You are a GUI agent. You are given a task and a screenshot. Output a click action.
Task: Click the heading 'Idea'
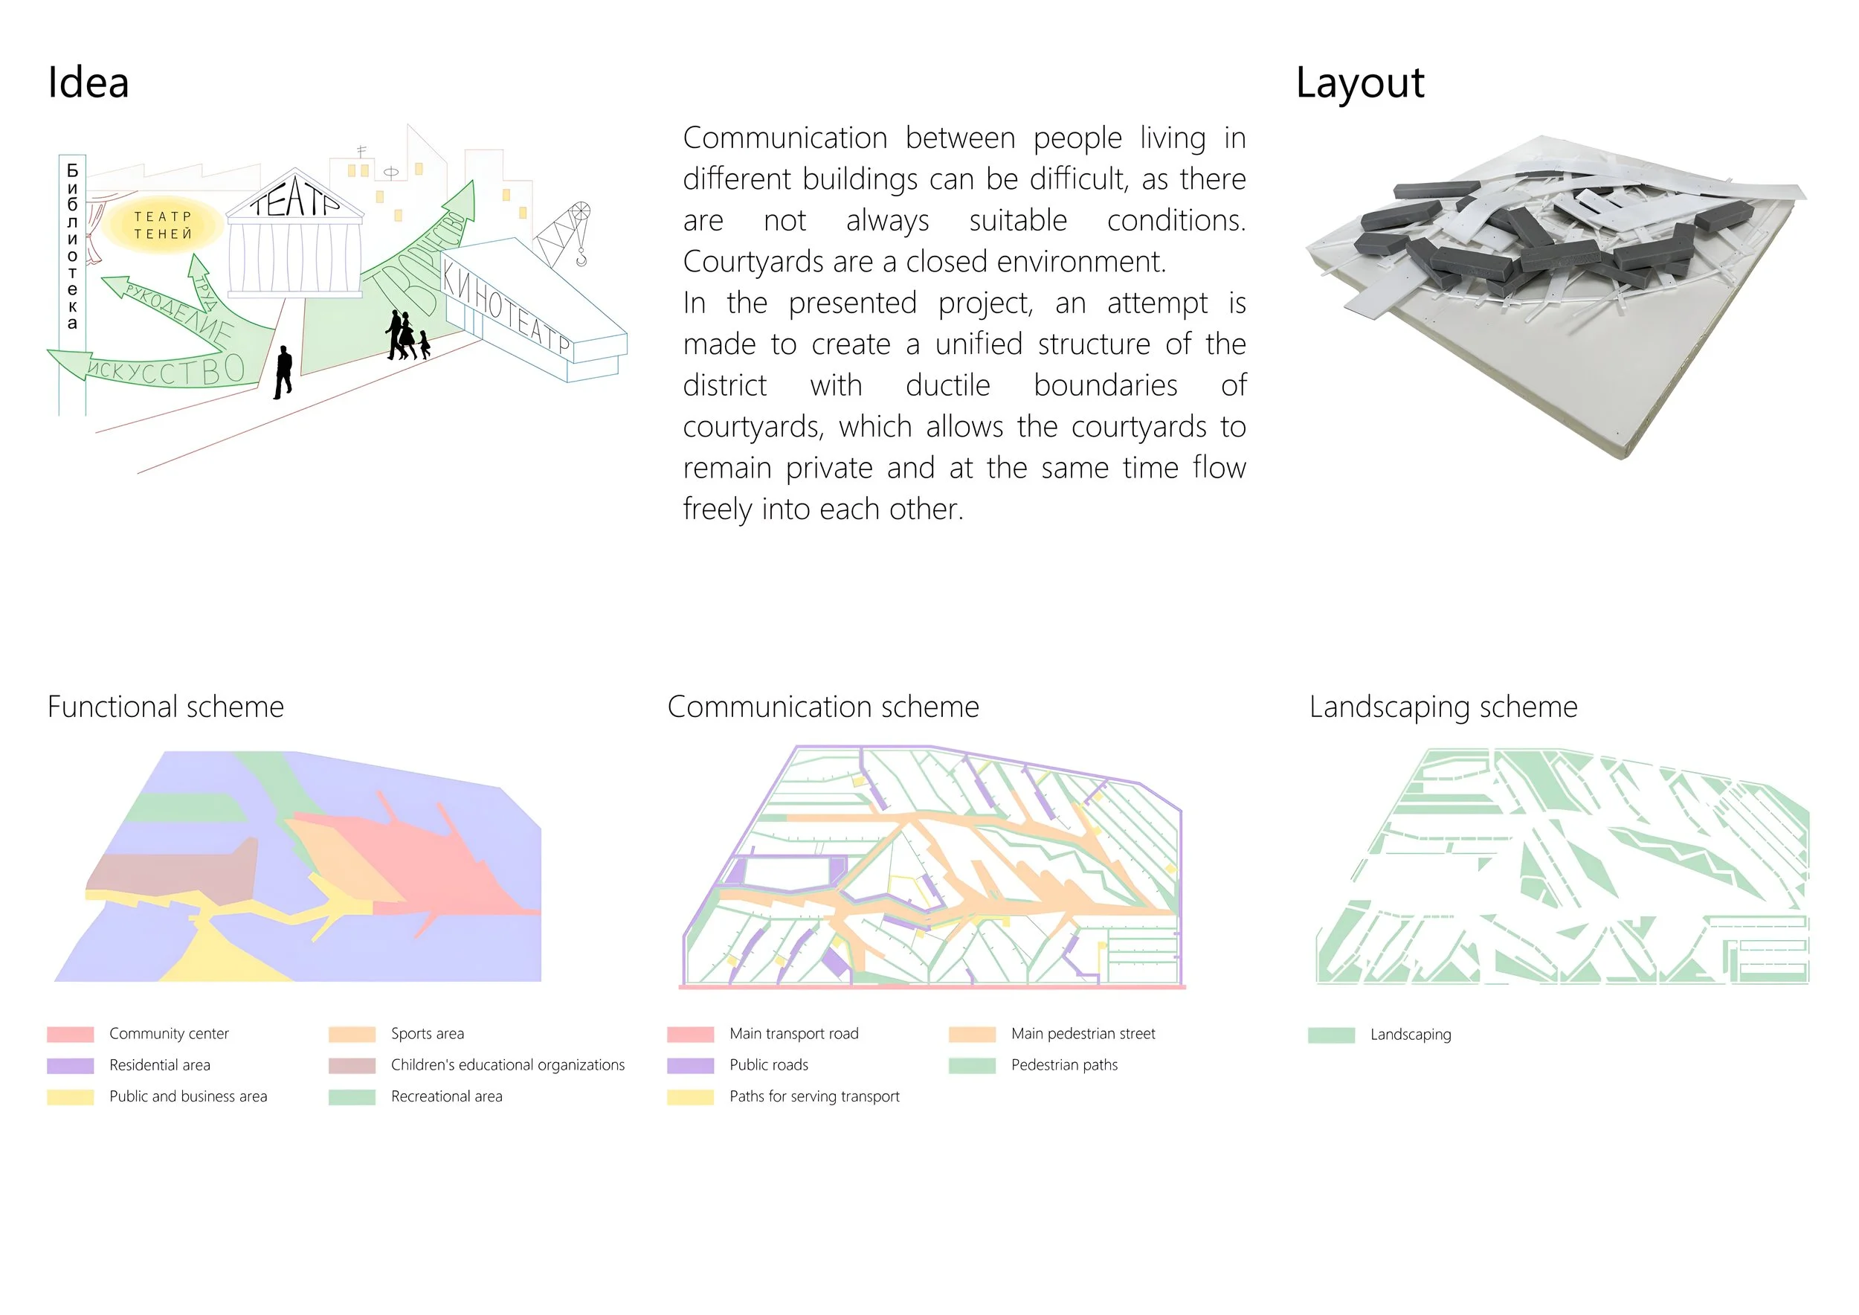point(88,83)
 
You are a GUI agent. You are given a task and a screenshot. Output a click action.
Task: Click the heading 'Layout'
point(1359,83)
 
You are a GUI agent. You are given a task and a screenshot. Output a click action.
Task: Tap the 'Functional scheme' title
point(166,707)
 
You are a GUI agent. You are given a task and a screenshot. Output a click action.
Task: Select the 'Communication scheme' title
point(822,707)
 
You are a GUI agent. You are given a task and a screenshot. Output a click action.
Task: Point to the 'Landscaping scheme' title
point(1443,707)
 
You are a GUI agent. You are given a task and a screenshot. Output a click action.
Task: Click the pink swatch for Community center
point(71,1034)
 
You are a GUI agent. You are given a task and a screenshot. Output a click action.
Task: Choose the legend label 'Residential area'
point(160,1065)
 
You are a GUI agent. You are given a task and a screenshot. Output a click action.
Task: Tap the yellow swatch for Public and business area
point(71,1097)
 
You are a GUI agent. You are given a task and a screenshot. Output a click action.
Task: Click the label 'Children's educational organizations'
point(508,1065)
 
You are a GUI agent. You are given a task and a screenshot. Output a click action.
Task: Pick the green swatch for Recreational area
point(352,1097)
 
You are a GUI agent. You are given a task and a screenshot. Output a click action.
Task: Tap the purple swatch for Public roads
point(691,1066)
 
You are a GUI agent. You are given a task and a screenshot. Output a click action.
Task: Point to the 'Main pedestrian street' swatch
point(972,1034)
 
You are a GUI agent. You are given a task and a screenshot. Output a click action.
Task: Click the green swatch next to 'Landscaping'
point(1331,1035)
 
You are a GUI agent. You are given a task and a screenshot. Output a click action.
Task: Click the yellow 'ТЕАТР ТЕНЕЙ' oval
point(163,225)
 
